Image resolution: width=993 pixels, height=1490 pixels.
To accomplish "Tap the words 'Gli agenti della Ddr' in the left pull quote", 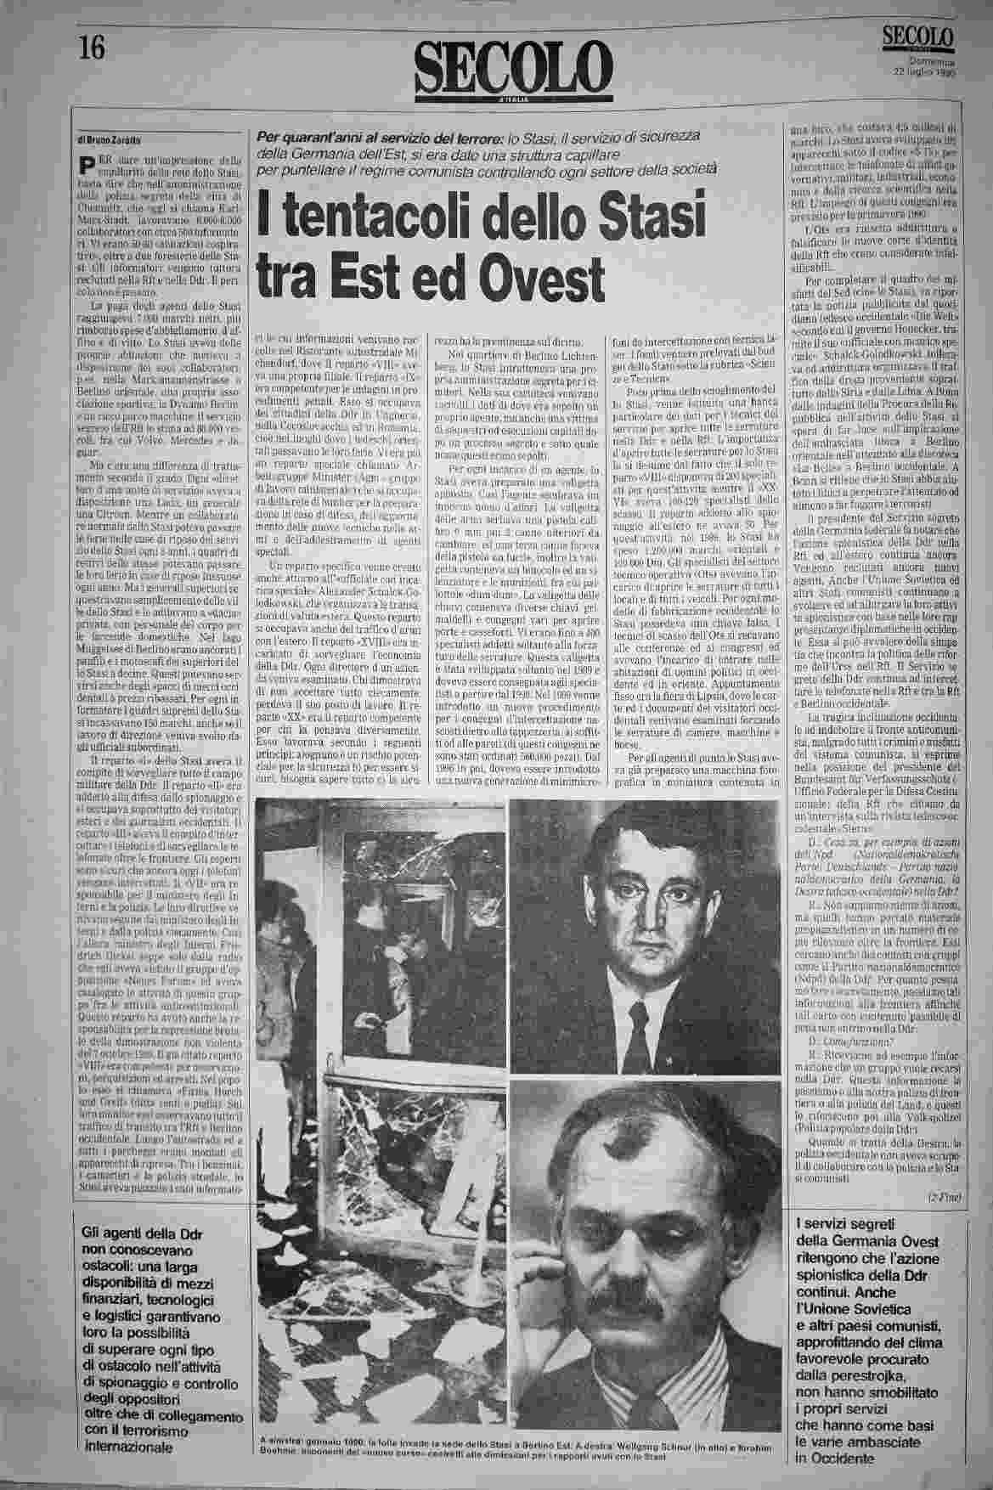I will point(130,1233).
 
